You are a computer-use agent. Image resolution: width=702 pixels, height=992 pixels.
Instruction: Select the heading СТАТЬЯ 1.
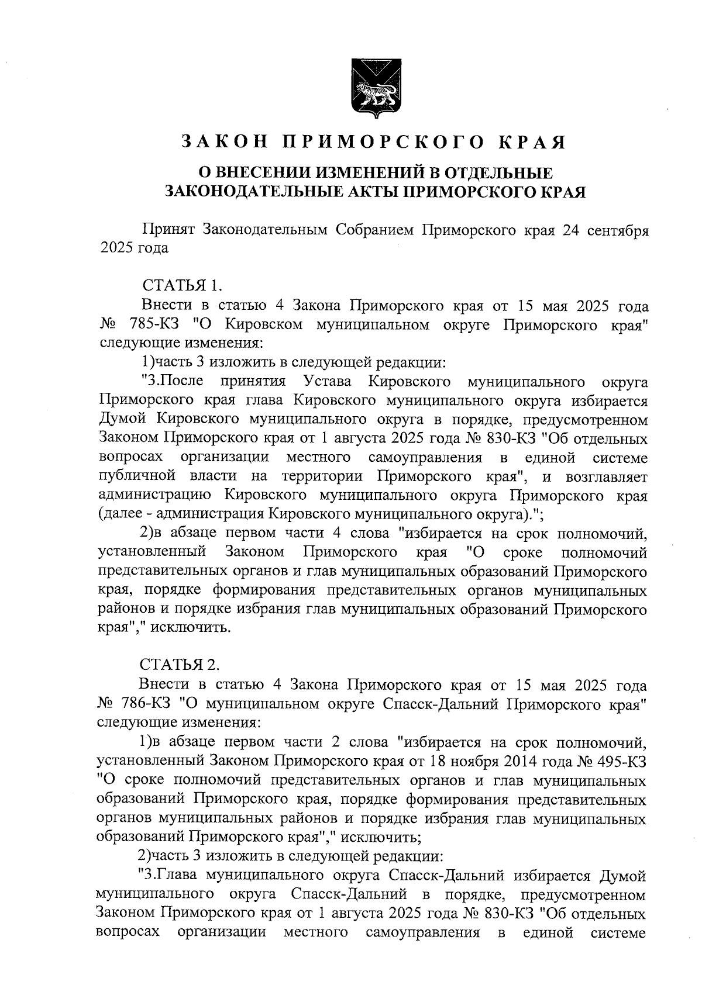point(182,286)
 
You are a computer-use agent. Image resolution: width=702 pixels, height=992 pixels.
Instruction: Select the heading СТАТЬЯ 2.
point(180,665)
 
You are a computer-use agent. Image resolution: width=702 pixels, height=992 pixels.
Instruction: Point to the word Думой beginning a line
point(122,420)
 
